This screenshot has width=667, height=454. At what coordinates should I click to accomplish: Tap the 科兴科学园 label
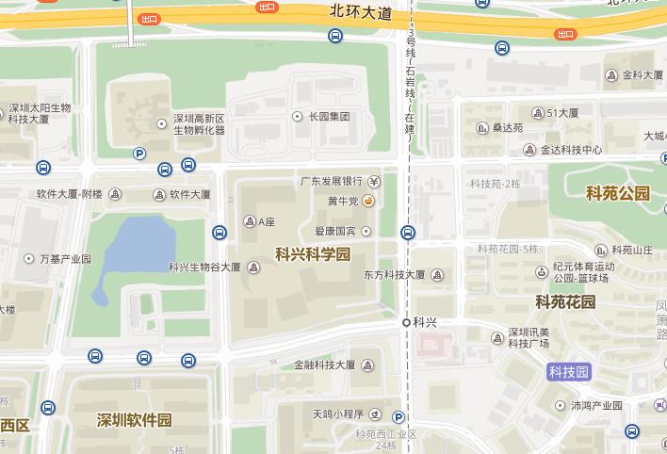tap(313, 254)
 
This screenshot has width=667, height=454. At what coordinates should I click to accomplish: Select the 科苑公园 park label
tap(618, 193)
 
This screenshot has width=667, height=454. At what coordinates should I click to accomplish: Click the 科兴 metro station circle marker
tap(406, 322)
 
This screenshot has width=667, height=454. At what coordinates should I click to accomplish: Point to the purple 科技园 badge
tap(569, 372)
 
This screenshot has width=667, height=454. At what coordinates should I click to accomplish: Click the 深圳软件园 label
tap(135, 420)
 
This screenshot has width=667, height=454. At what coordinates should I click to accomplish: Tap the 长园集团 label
tap(329, 117)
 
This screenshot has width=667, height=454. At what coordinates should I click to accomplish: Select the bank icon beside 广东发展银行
tap(374, 181)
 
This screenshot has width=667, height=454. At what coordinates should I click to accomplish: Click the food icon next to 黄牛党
tap(369, 201)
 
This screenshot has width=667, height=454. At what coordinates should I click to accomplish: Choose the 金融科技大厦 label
tap(325, 365)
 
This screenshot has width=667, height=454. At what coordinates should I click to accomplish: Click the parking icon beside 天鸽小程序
tap(399, 417)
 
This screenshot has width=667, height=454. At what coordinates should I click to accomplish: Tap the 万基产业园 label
tap(64, 258)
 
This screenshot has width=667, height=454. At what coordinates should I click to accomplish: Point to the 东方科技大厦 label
tap(394, 276)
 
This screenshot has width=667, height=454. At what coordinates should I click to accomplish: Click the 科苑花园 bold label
tap(565, 302)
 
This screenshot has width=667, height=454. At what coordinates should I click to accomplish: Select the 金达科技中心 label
tap(571, 150)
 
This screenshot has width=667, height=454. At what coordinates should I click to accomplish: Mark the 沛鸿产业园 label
tap(596, 406)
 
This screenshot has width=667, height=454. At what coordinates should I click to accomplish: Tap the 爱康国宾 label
tap(335, 231)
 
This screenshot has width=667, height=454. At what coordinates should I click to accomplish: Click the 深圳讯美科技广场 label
tap(529, 337)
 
